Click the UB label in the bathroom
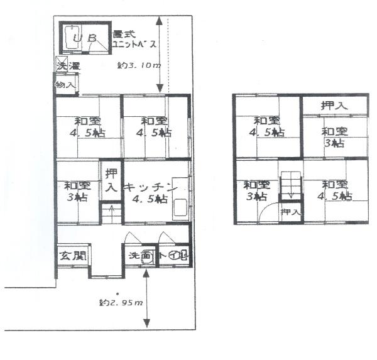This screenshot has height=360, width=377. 84,40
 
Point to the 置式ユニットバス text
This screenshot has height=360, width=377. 133,40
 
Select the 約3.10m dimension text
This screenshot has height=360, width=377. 139,65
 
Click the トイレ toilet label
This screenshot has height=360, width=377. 173,256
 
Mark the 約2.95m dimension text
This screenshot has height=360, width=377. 121,303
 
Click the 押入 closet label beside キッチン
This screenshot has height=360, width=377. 111,181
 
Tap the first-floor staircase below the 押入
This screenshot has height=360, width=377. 110,214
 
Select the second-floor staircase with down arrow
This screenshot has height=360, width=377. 290,186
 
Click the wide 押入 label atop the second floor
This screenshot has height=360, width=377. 334,106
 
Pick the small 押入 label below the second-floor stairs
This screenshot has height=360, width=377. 290,212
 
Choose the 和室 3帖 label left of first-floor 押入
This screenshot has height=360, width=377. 76,191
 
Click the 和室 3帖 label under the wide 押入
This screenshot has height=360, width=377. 334,138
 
